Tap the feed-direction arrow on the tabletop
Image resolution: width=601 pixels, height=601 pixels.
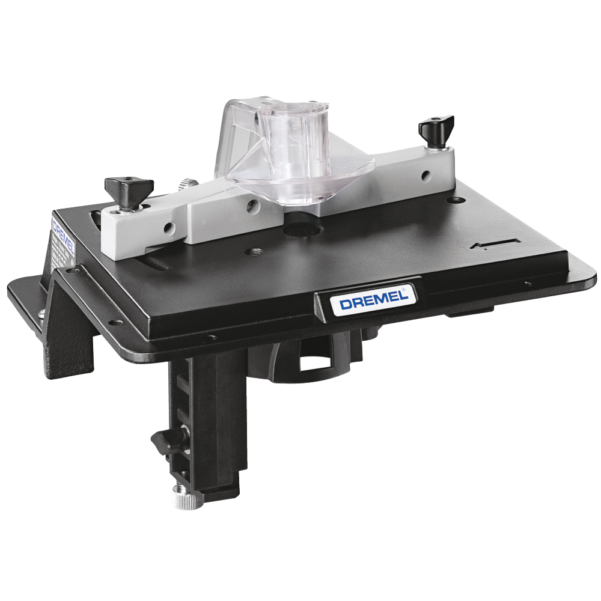[x=495, y=243]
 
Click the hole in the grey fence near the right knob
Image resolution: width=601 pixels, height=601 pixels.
[x=425, y=175]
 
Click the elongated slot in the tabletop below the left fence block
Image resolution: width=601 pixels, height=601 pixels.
[x=154, y=264]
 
